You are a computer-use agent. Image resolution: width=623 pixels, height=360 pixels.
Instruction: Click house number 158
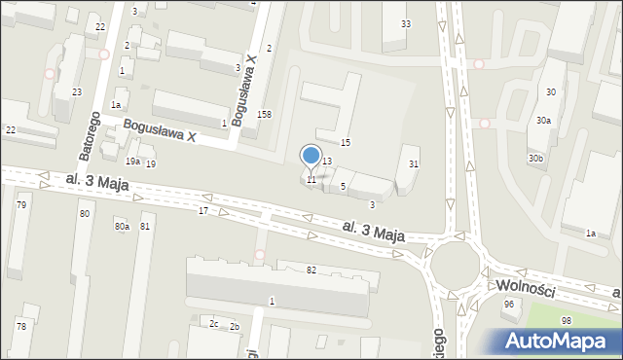tap(264, 114)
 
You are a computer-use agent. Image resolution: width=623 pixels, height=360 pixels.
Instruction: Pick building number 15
tap(345, 143)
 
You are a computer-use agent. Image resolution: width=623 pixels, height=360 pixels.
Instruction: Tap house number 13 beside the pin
tap(328, 162)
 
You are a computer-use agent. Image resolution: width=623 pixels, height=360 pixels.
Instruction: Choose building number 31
tap(414, 163)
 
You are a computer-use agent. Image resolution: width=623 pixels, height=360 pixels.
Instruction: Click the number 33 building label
tap(406, 23)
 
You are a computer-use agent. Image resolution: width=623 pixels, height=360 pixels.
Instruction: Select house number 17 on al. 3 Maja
tap(203, 210)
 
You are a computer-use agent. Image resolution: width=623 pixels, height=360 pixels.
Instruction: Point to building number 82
tap(311, 270)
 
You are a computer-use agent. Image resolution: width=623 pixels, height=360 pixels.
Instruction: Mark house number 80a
tap(121, 227)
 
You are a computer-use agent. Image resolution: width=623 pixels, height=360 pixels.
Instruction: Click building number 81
tap(145, 227)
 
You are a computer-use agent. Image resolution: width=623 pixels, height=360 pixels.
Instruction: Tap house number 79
tap(20, 205)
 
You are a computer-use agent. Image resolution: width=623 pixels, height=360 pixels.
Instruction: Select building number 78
tap(20, 326)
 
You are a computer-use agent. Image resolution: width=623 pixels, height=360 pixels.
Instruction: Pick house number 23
tap(76, 91)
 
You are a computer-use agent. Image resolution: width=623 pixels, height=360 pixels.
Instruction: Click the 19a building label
tap(132, 162)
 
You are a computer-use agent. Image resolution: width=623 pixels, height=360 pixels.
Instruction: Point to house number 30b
tap(536, 158)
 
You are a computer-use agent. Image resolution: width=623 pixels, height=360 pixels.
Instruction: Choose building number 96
tap(508, 305)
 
